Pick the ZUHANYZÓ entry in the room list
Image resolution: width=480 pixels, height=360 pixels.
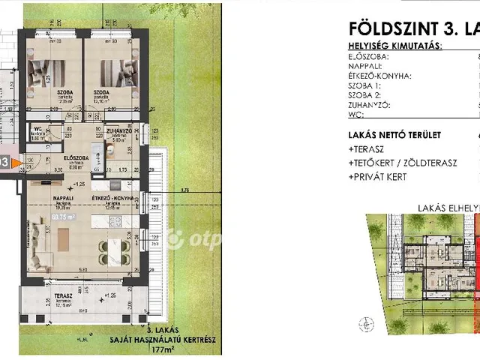[368, 106]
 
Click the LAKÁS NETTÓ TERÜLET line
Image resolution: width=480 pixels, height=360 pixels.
[394, 135]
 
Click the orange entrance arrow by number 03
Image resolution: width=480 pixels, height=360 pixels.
[16, 161]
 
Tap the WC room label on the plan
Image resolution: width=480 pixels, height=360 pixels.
[37, 129]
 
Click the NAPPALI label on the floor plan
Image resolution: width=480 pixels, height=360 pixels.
[52, 198]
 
